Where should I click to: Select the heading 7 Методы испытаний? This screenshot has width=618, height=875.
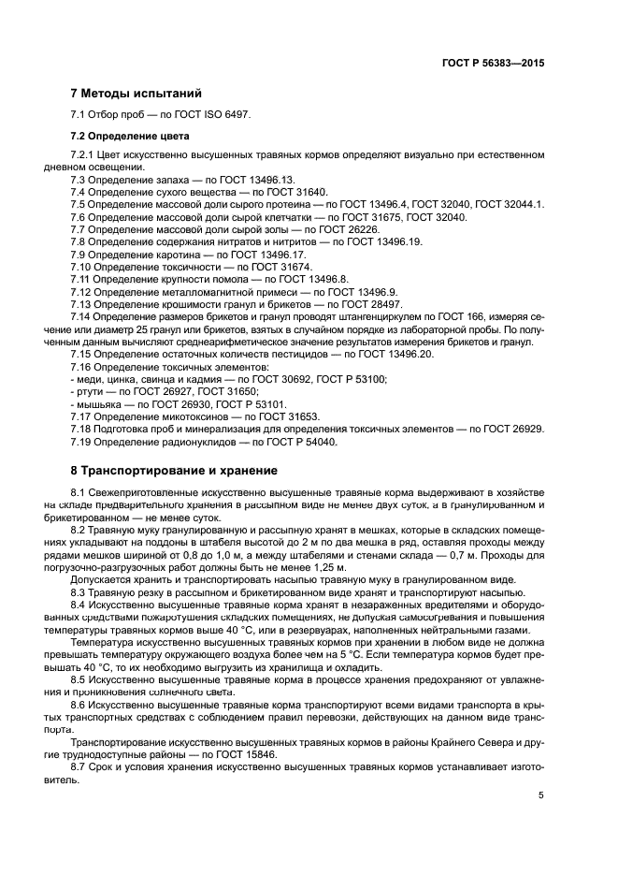pos(136,94)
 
